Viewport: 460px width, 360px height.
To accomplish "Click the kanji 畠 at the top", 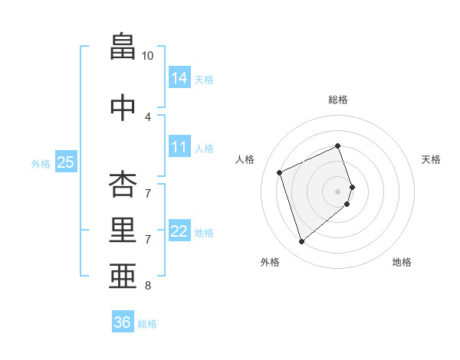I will (123, 47).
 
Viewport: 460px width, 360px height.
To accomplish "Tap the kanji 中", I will (123, 107).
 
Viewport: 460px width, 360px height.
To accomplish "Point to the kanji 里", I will (123, 230).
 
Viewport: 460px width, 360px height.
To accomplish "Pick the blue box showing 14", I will (179, 77).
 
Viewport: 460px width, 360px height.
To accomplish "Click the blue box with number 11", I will (179, 147).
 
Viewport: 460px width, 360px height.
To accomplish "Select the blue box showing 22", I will (179, 231).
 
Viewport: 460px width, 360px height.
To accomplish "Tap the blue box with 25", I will (65, 162).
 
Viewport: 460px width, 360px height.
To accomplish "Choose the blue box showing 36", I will (123, 322).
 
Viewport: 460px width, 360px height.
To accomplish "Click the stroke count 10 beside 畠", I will (148, 56).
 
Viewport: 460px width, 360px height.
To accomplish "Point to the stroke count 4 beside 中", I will (148, 116).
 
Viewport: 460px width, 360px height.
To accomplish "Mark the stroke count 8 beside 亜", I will (148, 286).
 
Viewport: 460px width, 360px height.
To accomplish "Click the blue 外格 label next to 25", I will (41, 163).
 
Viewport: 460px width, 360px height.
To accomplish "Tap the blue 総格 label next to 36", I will (147, 324).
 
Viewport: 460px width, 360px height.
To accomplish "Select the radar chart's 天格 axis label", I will (431, 159).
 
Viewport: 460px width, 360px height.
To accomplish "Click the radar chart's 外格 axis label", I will (270, 262).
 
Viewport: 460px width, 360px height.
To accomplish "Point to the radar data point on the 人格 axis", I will (280, 172).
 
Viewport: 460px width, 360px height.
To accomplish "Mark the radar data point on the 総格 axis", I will (337, 146).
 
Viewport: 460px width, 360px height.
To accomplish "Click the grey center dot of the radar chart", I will (337, 190).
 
